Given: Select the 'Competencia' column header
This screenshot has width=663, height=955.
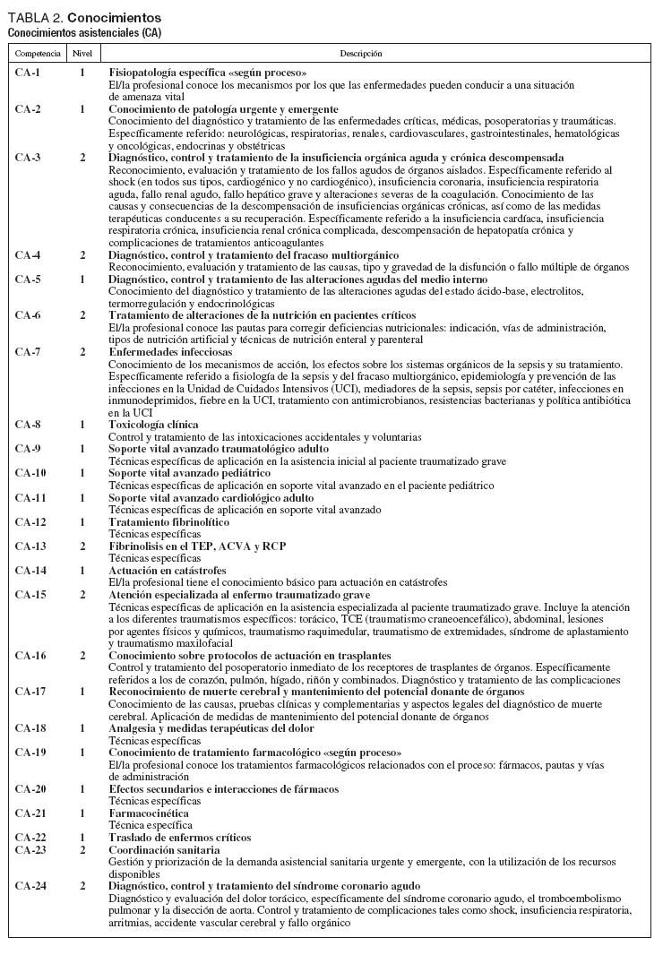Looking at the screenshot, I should pyautogui.click(x=38, y=54).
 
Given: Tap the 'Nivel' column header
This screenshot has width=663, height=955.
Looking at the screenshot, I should pyautogui.click(x=82, y=54).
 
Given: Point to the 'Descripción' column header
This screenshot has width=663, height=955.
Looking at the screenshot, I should pyautogui.click(x=361, y=54).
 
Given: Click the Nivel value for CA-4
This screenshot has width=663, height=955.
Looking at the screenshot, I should pyautogui.click(x=82, y=255).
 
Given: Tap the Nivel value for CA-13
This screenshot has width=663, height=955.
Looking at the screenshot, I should pyautogui.click(x=82, y=546).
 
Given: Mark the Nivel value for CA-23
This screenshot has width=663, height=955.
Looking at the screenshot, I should pyautogui.click(x=82, y=849).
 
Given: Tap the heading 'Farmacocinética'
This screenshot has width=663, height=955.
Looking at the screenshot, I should pyautogui.click(x=147, y=813).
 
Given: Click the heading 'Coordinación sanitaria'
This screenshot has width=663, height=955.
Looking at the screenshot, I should pyautogui.click(x=165, y=849).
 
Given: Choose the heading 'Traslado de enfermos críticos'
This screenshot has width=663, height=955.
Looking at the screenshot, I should pyautogui.click(x=180, y=838).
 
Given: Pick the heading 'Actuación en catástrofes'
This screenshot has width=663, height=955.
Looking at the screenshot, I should pyautogui.click(x=168, y=571).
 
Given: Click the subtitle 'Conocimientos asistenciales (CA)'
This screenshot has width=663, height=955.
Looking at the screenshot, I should pyautogui.click(x=84, y=32).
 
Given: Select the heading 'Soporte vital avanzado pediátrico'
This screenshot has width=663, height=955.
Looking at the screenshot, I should pyautogui.click(x=190, y=473).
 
